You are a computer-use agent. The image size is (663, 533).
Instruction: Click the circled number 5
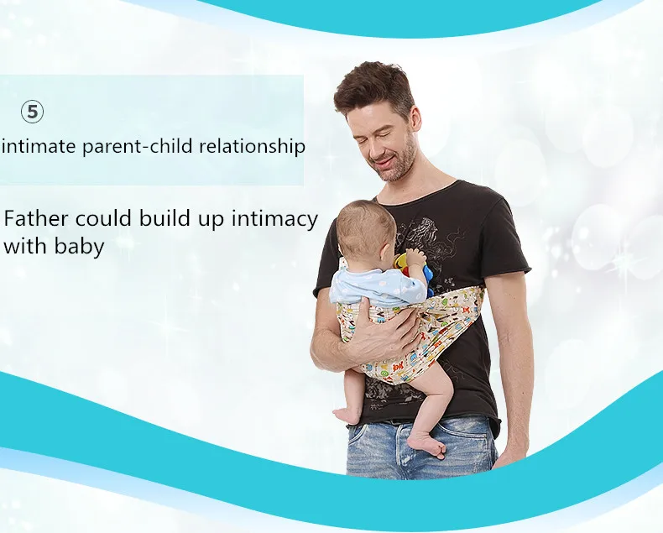tap(32, 112)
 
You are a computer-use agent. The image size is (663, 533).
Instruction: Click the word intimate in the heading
tap(40, 146)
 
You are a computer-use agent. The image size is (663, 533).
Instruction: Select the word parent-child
tap(138, 147)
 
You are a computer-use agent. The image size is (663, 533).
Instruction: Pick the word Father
tap(35, 219)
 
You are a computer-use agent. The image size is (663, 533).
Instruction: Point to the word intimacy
tap(274, 220)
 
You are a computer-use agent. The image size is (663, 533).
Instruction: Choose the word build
tap(164, 219)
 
